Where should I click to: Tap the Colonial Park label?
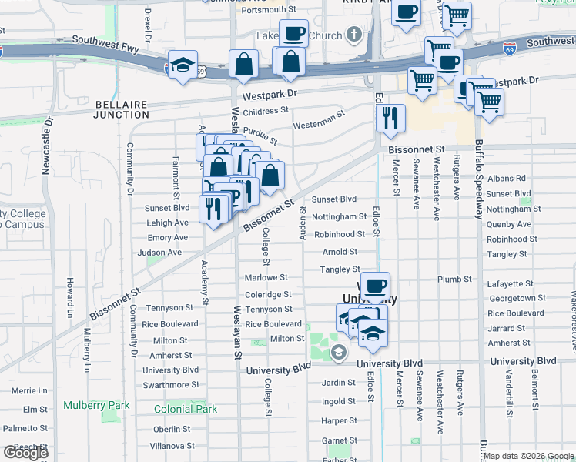[186, 410]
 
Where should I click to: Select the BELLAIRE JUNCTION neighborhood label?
[121, 109]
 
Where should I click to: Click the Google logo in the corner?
[25, 453]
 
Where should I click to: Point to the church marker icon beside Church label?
[353, 34]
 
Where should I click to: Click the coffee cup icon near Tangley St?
[375, 286]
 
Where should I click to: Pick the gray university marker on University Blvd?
[338, 352]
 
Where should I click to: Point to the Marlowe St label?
[266, 277]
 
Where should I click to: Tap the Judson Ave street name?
[159, 253]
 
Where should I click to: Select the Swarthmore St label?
[171, 385]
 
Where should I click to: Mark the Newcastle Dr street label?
[46, 146]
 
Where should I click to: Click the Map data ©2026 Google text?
[528, 456]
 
